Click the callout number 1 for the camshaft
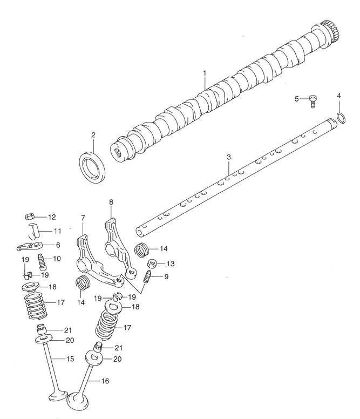pos(205,72)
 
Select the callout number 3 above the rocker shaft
pos(228,157)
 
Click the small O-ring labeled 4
pos(341,118)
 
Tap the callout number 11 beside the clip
pos(57,231)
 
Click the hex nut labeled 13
pos(152,264)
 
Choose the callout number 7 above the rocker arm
pos(83,218)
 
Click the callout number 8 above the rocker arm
pos(111,202)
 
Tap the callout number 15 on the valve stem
pos(70,359)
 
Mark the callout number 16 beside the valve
pos(105,381)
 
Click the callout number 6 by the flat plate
pos(57,244)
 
